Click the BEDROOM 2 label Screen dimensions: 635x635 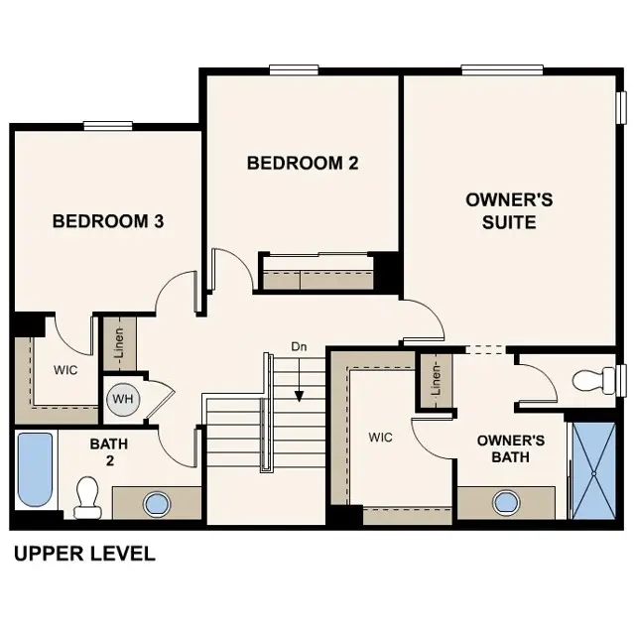(302, 163)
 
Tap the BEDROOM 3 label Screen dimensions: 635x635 (108, 220)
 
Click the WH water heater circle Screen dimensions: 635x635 (122, 399)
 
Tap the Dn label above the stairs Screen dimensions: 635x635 (299, 346)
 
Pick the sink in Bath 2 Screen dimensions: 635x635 (157, 503)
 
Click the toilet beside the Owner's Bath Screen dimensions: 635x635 (597, 380)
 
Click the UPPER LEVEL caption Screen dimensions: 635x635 (84, 554)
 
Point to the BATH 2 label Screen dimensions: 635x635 (110, 452)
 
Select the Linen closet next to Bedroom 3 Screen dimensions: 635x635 (119, 343)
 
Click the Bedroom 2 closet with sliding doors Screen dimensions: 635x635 (317, 273)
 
